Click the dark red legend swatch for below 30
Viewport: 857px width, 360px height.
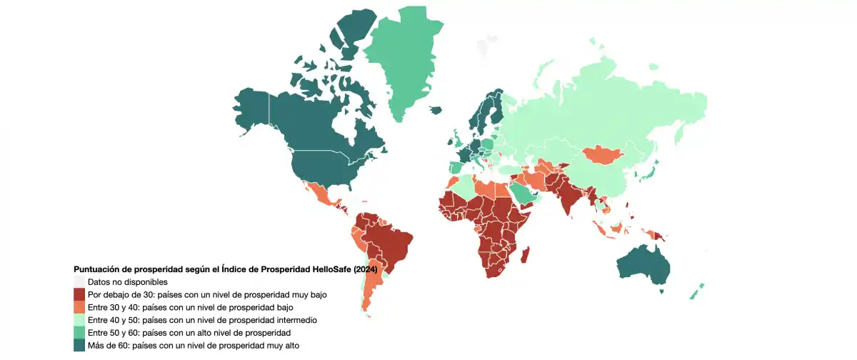80,294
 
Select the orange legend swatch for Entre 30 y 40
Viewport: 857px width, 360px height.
80,307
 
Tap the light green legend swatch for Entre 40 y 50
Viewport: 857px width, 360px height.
80,320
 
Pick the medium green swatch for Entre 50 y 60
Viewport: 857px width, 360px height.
80,333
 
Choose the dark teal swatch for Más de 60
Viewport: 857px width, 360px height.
80,346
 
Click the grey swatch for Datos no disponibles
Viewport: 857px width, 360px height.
80,281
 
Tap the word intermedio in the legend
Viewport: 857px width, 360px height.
292,320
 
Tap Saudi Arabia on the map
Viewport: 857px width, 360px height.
528,192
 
